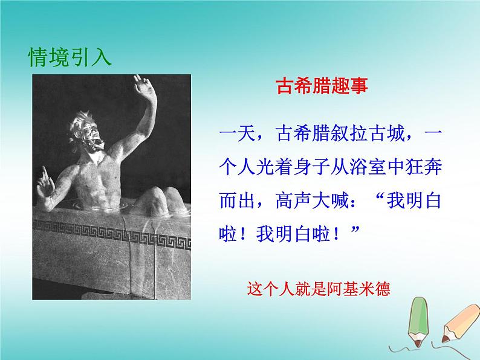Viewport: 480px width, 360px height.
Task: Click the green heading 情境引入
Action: [70, 57]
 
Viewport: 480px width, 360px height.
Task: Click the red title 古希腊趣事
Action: [322, 86]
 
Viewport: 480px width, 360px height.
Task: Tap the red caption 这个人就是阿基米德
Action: [319, 289]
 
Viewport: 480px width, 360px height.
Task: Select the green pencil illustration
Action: [418, 321]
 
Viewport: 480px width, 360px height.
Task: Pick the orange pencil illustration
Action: [459, 324]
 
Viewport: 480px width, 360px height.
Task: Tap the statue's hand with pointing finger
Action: [45, 184]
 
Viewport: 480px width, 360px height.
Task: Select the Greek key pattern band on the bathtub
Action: [111, 235]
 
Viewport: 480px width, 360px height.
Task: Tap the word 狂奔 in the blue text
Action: [423, 167]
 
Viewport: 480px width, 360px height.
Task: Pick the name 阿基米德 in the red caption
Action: [358, 289]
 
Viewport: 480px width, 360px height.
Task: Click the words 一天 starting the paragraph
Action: [238, 134]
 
